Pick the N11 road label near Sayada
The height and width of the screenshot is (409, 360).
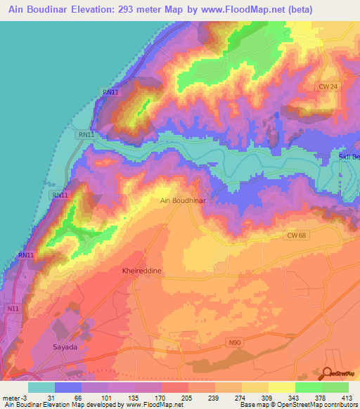(14, 309)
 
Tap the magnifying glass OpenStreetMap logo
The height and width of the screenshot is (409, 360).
(328, 373)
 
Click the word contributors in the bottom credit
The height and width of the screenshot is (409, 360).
(340, 405)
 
